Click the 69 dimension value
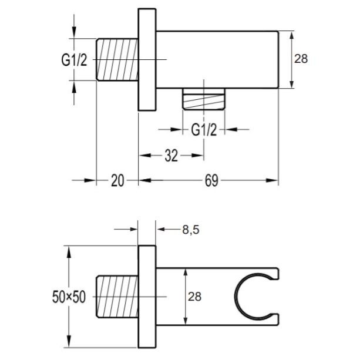click(211, 181)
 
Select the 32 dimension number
click(171, 156)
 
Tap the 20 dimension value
click(117, 180)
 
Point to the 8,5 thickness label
click(191, 230)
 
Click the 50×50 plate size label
click(69, 297)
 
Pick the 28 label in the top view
click(301, 59)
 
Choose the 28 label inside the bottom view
click(194, 297)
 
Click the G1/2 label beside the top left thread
click(74, 60)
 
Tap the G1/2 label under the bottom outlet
click(204, 130)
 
